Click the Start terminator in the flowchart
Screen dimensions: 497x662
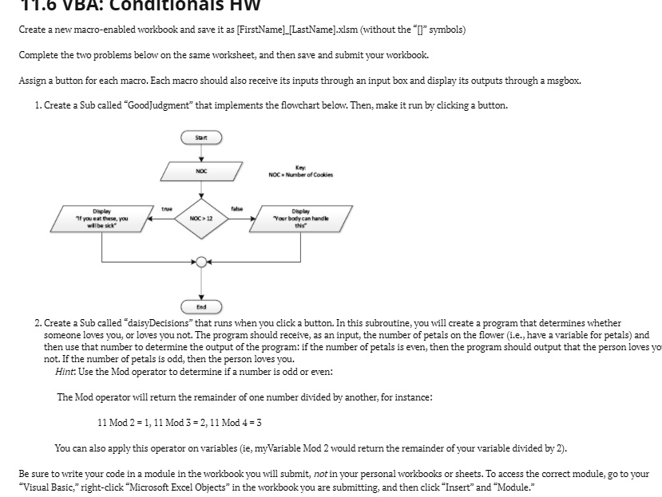(200, 138)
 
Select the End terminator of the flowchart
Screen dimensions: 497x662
(200, 306)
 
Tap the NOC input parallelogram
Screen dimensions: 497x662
(200, 171)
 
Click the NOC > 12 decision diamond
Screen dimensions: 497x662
(200, 217)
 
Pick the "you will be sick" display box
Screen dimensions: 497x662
(101, 217)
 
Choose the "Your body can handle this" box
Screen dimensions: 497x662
(301, 217)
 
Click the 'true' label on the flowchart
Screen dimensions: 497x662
(166, 209)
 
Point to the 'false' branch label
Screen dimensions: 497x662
(236, 209)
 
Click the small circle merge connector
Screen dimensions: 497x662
(200, 260)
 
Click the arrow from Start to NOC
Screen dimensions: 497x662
(200, 152)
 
